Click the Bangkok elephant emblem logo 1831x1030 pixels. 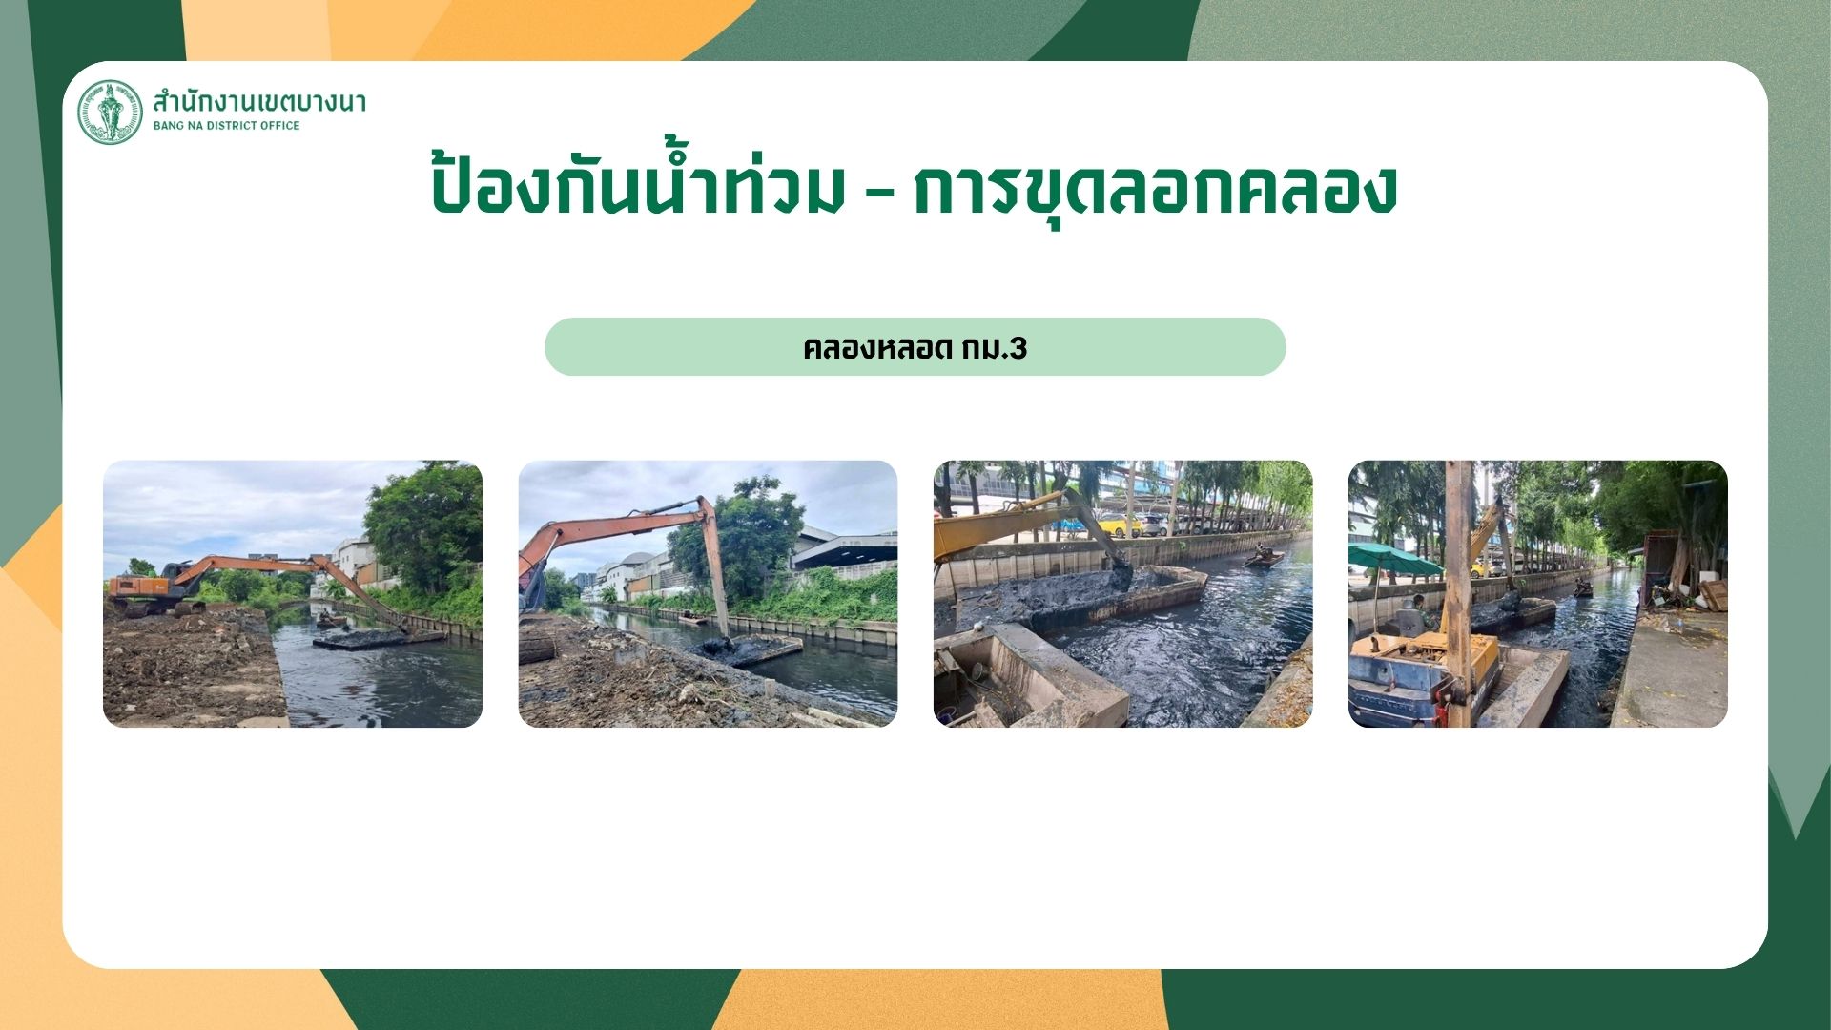110,113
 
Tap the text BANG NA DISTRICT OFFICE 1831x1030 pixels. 227,126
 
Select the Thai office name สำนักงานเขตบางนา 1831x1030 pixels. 259,100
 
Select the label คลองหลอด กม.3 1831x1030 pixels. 915,348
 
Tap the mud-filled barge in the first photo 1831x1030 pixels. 377,637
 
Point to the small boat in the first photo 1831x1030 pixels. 331,620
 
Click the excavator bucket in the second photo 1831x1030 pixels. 724,646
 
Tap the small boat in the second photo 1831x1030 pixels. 694,620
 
